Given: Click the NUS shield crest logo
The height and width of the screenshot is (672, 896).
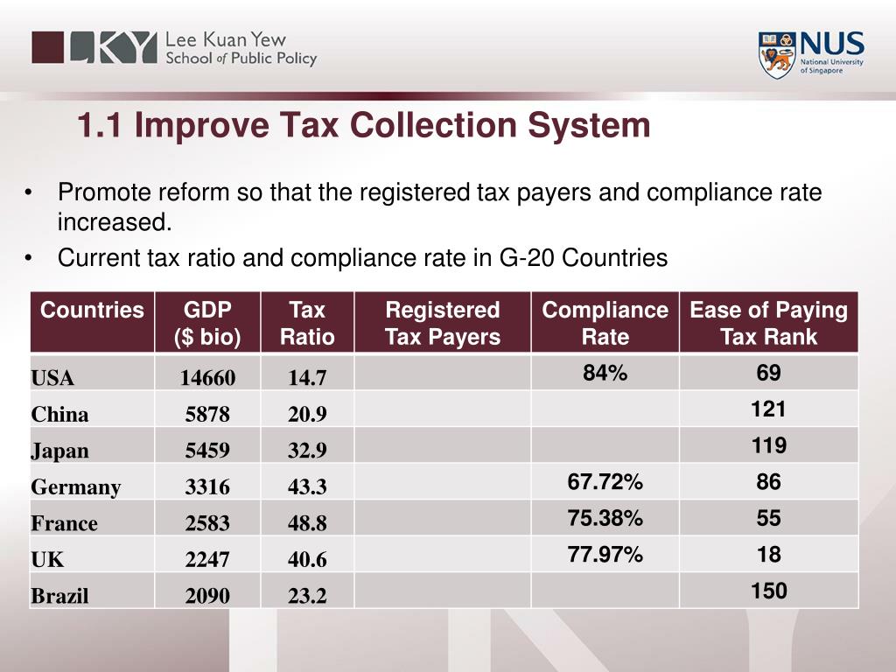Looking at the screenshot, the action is click(777, 55).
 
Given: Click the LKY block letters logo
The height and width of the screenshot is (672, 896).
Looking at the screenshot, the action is click(94, 47).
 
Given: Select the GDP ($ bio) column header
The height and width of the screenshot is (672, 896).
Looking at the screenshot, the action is click(207, 323).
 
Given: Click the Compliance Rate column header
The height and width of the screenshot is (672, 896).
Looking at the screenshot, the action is click(605, 323).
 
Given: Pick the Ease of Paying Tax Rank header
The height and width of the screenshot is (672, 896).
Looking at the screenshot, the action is click(768, 323).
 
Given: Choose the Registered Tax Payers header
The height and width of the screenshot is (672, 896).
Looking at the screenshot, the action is click(442, 323).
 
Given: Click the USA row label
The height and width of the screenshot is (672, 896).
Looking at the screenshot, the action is click(52, 378).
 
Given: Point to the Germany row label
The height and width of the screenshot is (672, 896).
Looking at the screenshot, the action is click(76, 486).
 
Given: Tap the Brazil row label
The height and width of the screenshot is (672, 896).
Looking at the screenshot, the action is click(59, 596).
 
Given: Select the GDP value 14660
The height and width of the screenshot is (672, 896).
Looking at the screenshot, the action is click(207, 378).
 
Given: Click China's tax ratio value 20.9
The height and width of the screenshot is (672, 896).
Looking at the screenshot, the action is click(307, 414).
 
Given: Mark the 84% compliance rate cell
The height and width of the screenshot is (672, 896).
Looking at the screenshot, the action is click(605, 373).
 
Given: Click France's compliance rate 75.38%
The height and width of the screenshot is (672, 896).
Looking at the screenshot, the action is click(605, 518).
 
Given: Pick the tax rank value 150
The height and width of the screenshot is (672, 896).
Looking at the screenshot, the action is click(768, 591).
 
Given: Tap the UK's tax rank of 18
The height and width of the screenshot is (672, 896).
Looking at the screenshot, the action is click(768, 554).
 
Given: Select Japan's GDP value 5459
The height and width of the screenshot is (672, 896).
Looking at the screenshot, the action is click(207, 451).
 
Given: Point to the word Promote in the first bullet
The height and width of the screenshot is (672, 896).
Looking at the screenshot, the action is click(103, 192).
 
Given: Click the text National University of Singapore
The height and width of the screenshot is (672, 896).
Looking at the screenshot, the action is click(831, 66).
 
